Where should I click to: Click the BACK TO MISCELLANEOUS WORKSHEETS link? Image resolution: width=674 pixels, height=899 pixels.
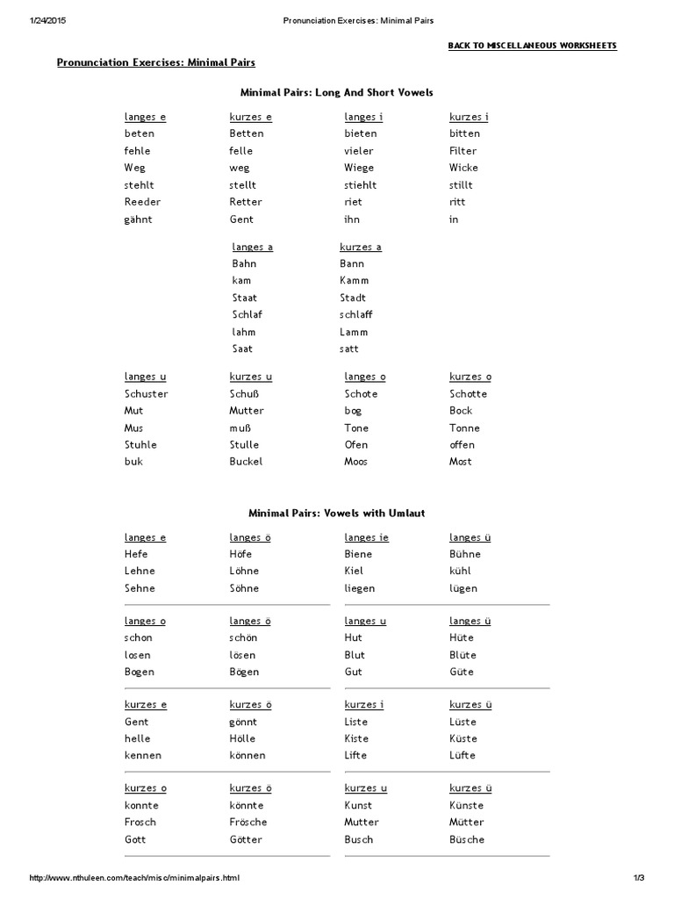pyautogui.click(x=532, y=45)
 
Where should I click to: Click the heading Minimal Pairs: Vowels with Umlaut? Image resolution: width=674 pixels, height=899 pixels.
pyautogui.click(x=336, y=513)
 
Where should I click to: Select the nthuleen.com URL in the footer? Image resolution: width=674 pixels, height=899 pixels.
pyautogui.click(x=133, y=878)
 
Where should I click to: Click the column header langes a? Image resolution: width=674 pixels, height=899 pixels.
pyautogui.click(x=252, y=247)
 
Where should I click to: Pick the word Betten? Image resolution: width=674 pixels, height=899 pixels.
pyautogui.click(x=247, y=133)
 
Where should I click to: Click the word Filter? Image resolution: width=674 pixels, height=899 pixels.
pyautogui.click(x=462, y=151)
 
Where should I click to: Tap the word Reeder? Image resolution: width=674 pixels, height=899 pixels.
pyautogui.click(x=143, y=202)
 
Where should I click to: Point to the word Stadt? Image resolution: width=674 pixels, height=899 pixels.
pyautogui.click(x=353, y=298)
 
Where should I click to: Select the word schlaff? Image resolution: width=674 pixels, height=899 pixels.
pyautogui.click(x=355, y=314)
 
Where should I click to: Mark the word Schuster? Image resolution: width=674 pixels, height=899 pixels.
pyautogui.click(x=146, y=393)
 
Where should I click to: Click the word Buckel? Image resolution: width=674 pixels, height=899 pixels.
pyautogui.click(x=246, y=461)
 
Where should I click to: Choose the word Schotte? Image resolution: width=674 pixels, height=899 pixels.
pyautogui.click(x=468, y=393)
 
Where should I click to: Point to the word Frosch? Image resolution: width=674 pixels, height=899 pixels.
pyautogui.click(x=140, y=822)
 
